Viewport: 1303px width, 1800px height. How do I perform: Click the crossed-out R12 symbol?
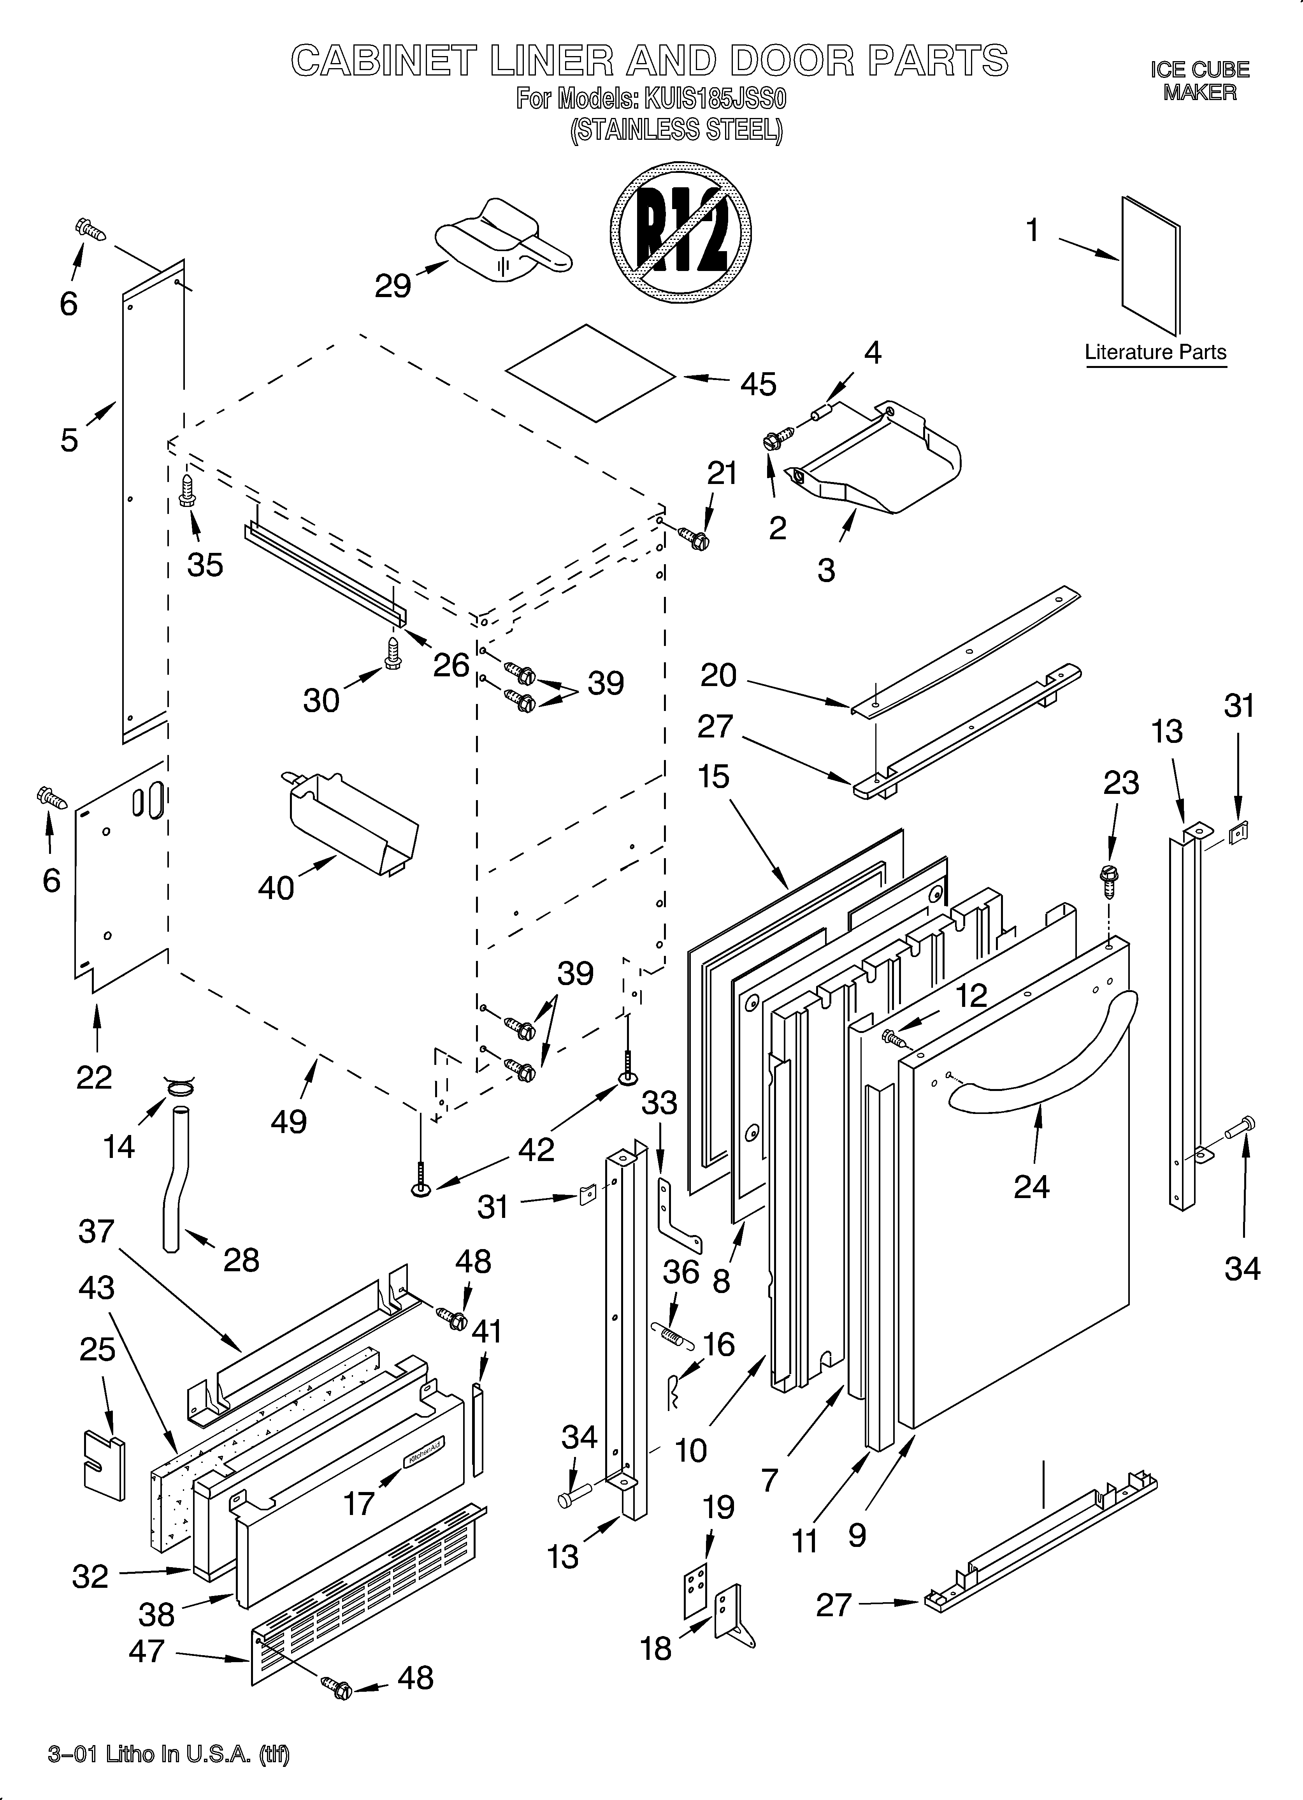click(x=681, y=232)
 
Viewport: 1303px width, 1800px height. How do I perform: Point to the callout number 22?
click(x=94, y=1077)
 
